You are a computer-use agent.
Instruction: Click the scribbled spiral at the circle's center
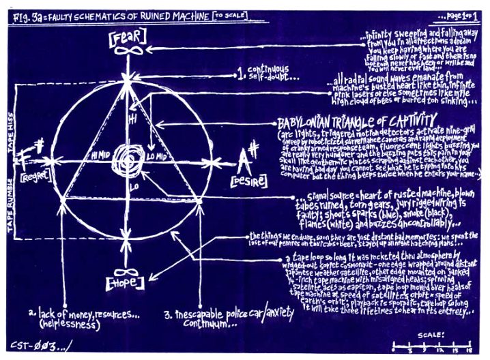tap(128, 155)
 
